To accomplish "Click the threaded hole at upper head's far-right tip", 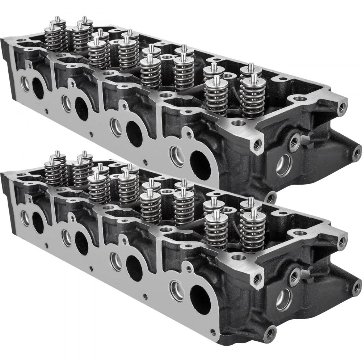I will (x=357, y=150).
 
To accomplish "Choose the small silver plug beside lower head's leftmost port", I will (x=25, y=217).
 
